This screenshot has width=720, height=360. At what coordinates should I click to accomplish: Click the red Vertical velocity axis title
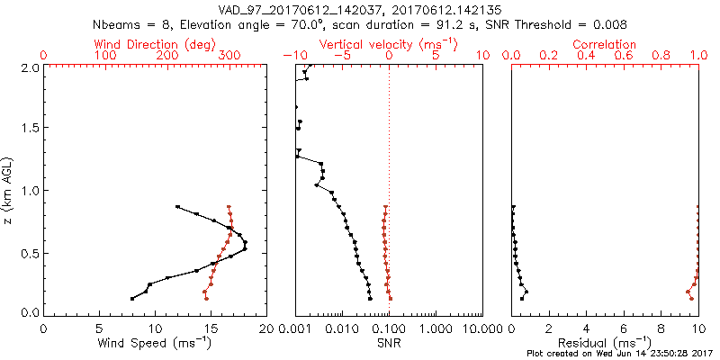click(x=389, y=44)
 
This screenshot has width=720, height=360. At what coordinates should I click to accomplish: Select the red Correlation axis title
click(x=604, y=44)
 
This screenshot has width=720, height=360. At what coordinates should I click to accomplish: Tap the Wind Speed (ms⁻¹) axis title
click(x=155, y=343)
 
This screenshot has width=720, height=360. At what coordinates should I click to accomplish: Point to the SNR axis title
click(x=389, y=343)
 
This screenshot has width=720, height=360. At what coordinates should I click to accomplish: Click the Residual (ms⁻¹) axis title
click(x=604, y=343)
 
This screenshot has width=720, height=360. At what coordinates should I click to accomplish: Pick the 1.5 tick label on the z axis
click(x=31, y=129)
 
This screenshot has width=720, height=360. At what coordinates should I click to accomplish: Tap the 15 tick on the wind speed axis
click(x=211, y=330)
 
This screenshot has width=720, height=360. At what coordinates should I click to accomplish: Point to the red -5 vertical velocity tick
click(x=341, y=56)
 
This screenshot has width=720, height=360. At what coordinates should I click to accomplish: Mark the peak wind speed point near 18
click(x=245, y=245)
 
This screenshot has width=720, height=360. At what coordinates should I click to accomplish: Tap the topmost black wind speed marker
click(x=177, y=206)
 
